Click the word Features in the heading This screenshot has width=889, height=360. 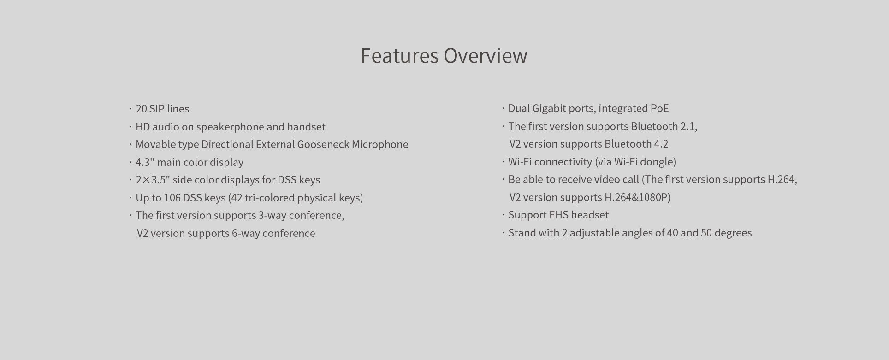coord(399,56)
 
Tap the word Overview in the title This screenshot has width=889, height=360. coord(486,56)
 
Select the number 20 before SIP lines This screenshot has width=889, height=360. coord(141,109)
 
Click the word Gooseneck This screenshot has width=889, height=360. coord(323,144)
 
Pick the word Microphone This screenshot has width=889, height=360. coord(380,144)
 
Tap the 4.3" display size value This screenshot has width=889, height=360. coord(144,162)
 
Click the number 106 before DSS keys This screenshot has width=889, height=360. coord(172,198)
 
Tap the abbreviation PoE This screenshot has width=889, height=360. coord(659,108)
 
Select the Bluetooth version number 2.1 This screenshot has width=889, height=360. coord(688,126)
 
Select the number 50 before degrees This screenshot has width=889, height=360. coord(706,233)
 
